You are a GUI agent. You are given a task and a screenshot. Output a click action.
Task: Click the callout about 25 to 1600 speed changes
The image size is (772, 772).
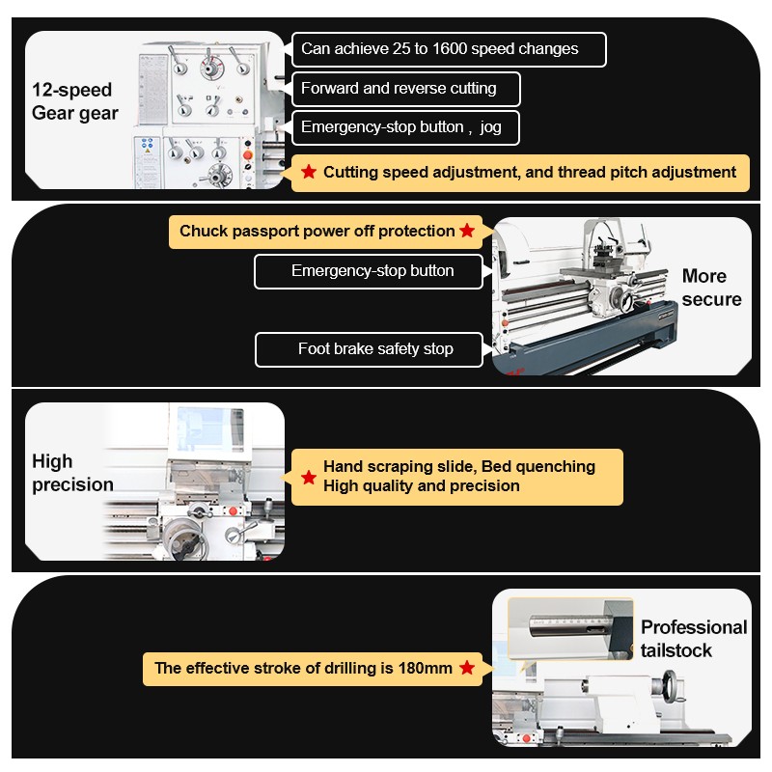click(449, 49)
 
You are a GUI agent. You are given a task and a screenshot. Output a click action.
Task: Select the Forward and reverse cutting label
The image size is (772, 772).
click(405, 89)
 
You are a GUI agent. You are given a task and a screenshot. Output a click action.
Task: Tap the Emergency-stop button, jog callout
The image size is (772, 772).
click(405, 127)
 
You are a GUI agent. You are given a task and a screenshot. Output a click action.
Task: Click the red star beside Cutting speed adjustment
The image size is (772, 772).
click(309, 172)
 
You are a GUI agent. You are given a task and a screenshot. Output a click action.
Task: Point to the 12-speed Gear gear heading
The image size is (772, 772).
click(75, 101)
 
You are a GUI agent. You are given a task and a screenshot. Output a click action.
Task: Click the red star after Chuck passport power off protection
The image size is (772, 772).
click(467, 230)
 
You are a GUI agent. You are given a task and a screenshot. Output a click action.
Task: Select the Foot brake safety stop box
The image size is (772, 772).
click(369, 349)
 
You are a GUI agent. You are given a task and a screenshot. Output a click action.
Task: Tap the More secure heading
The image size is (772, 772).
click(711, 288)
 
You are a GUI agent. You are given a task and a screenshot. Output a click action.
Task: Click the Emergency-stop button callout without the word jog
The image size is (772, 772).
click(369, 271)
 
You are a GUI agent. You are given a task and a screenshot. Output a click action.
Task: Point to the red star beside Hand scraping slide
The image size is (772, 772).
click(309, 477)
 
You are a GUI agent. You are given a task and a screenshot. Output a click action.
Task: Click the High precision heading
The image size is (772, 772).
click(72, 473)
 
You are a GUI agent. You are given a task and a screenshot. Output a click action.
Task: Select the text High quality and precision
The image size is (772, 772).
click(422, 486)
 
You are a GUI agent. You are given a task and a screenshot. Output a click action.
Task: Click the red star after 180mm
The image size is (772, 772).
click(467, 668)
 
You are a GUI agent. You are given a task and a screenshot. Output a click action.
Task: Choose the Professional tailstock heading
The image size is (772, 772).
click(694, 639)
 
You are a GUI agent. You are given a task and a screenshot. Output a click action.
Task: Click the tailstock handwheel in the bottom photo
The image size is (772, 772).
click(671, 685)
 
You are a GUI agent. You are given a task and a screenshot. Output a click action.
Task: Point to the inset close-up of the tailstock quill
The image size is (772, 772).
click(570, 628)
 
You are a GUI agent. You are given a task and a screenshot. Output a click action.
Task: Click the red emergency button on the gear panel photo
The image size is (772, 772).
click(248, 155)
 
